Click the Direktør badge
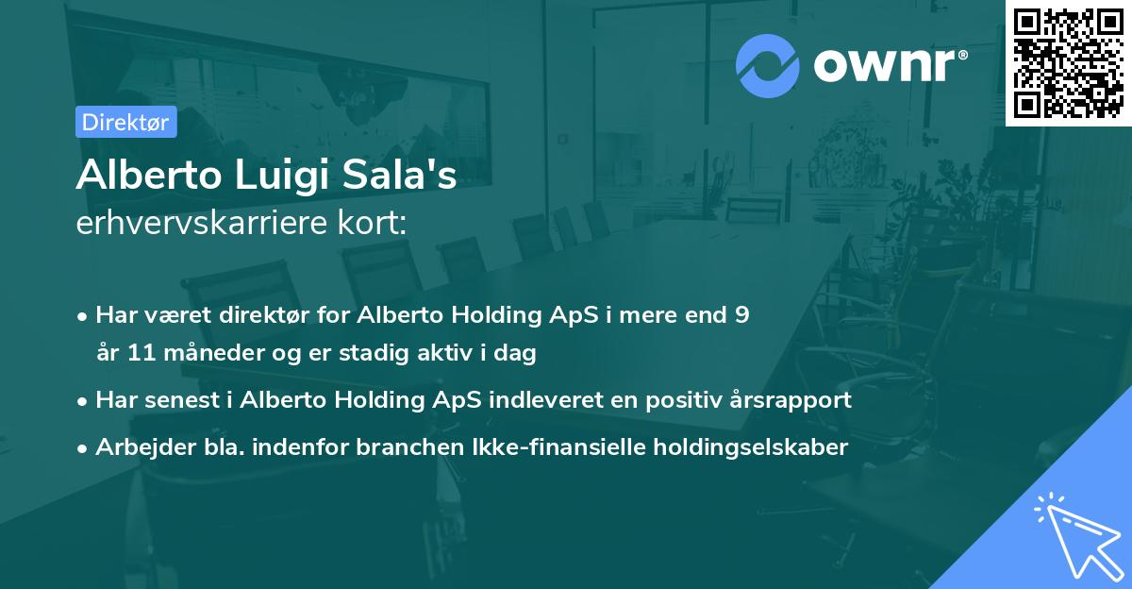[x=125, y=122]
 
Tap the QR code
[x=1069, y=62]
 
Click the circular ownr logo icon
[x=767, y=65]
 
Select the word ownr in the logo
[x=887, y=65]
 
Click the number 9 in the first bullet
[x=742, y=315]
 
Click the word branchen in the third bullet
[x=310, y=446]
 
